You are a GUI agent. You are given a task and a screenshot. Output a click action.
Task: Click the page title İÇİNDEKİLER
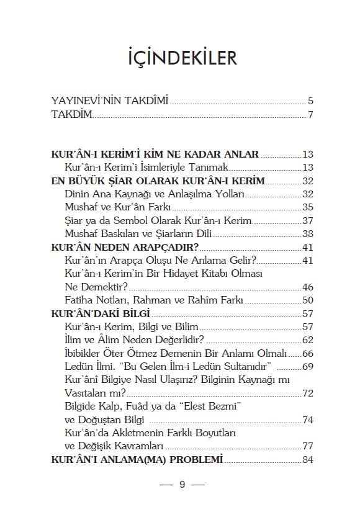[x=179, y=59]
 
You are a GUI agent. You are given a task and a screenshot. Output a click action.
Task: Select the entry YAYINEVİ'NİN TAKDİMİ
[x=110, y=101]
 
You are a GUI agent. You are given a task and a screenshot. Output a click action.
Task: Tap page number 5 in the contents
[x=310, y=101]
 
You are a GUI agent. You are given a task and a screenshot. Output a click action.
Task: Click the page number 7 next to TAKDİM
[x=310, y=115]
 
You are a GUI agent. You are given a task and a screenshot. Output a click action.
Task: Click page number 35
[x=308, y=207]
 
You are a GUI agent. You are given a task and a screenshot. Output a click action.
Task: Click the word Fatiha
[x=79, y=300]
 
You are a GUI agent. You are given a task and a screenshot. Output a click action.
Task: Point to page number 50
[x=308, y=300]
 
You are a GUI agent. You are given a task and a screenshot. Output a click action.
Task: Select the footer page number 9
[x=182, y=485]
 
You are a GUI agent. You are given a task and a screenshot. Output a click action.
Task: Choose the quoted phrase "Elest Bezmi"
[x=209, y=406]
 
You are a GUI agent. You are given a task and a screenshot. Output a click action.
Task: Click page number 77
[x=308, y=446]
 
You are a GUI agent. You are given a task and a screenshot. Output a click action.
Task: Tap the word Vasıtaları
[x=88, y=393]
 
